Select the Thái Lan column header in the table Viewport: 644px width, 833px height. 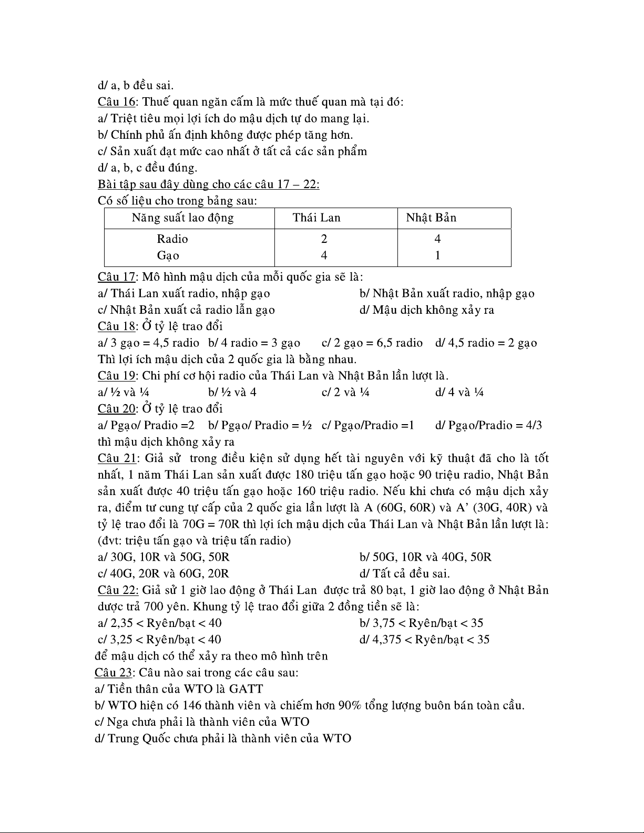coord(316,218)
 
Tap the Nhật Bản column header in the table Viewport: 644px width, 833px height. coord(431,218)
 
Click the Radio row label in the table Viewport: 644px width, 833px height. coord(172,239)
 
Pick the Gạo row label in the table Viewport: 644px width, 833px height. coord(168,256)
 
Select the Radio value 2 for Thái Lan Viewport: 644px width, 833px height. coord(324,239)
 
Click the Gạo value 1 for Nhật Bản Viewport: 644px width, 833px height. coord(437,256)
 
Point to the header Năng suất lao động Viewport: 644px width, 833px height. coord(182,218)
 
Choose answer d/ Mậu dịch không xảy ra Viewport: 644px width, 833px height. coord(427,310)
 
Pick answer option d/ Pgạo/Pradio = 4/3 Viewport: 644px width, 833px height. coord(488,425)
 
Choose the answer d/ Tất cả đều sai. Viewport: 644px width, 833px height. coord(404,573)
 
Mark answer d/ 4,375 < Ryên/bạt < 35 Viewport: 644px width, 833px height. coord(424,640)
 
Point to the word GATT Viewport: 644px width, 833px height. coord(246,689)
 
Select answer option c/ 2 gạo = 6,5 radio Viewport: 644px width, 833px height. coord(372,343)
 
